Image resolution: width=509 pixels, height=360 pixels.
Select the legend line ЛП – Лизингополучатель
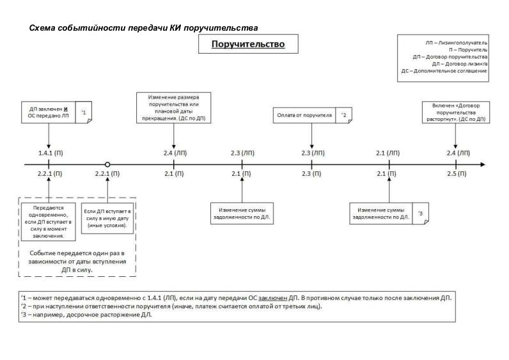click(456, 42)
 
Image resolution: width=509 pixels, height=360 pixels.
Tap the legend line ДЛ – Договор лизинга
click(460, 64)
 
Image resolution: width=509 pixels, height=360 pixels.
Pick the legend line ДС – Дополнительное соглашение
click(444, 72)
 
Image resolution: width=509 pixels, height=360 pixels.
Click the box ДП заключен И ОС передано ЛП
click(49, 113)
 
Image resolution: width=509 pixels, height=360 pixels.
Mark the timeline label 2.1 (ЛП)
click(388, 153)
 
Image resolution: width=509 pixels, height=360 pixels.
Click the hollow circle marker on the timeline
click(107, 164)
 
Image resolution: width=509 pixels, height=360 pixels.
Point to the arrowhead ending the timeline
click(481, 164)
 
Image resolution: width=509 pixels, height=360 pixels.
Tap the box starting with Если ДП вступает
click(107, 218)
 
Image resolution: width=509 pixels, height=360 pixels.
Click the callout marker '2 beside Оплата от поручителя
click(343, 115)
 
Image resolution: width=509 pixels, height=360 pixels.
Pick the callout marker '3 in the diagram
click(420, 213)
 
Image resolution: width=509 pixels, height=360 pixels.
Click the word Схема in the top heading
click(43, 28)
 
